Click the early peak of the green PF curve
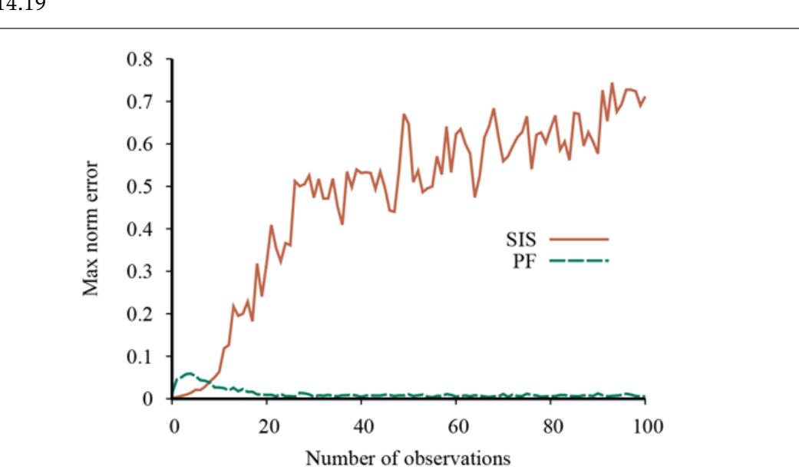tap(187, 373)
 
